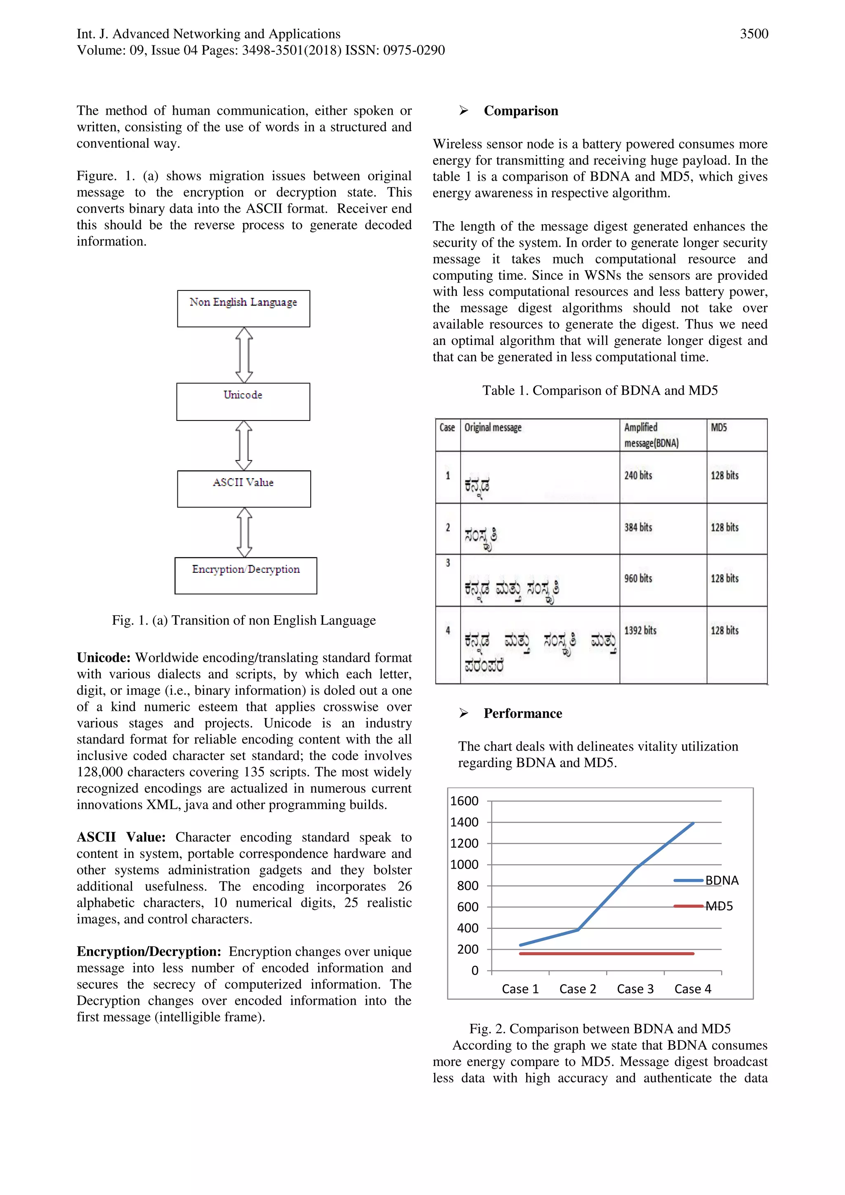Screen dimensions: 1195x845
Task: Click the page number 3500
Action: (753, 34)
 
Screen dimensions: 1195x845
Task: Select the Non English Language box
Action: (243, 308)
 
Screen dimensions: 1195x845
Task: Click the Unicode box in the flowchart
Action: (243, 401)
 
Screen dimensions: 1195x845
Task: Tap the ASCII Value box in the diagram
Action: (243, 488)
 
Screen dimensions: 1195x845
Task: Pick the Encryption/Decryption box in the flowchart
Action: (245, 575)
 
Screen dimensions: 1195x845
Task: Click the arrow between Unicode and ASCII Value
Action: (243, 446)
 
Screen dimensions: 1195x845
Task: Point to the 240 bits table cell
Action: (638, 475)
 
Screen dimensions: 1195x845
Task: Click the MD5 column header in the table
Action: (719, 427)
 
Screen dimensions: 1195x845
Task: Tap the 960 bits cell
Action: (638, 578)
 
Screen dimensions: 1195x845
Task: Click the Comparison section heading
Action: (520, 111)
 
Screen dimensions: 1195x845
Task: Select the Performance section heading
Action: (522, 713)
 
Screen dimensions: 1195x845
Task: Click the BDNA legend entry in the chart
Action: (721, 880)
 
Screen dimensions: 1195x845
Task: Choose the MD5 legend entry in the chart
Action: (719, 906)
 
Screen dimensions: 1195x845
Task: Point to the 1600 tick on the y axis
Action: (464, 801)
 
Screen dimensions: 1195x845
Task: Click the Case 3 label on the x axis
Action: (635, 989)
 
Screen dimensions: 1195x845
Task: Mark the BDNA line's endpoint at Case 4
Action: (693, 823)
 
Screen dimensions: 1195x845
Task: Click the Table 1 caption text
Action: (600, 390)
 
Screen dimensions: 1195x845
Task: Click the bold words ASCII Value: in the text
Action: (121, 837)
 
